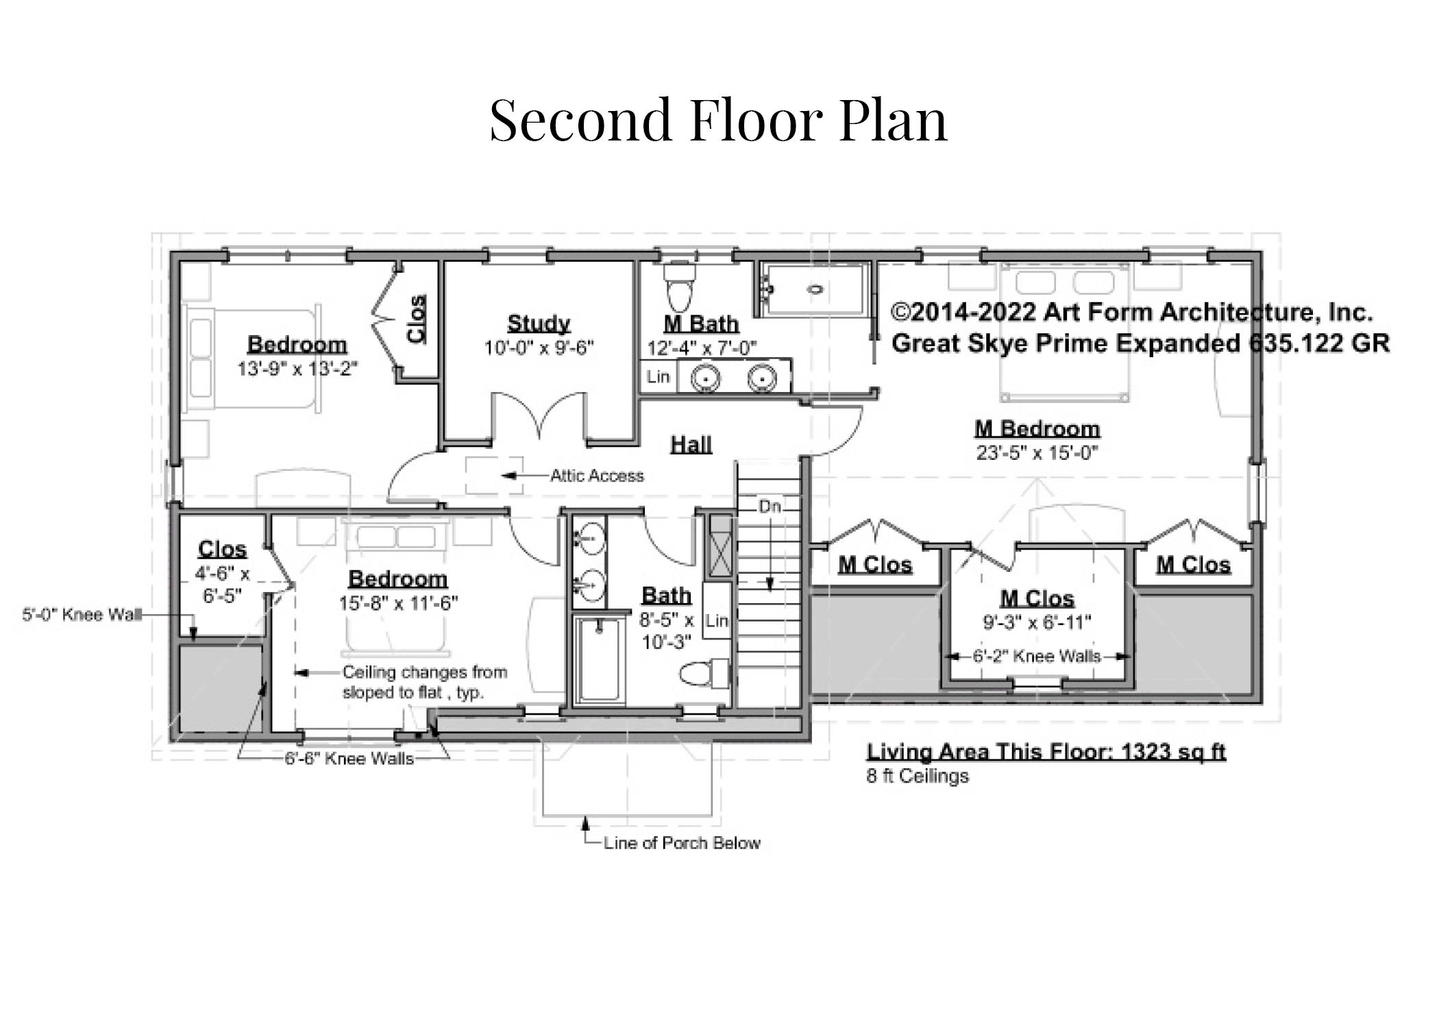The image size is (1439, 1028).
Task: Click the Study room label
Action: point(539,323)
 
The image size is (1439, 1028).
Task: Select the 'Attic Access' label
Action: point(597,476)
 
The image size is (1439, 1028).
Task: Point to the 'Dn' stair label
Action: point(770,507)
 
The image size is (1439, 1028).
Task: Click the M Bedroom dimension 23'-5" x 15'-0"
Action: point(1037,452)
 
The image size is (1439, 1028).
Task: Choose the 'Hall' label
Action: point(691,444)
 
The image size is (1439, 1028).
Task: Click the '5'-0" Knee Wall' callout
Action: point(82,614)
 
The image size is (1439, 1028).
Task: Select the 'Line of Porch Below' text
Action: point(682,843)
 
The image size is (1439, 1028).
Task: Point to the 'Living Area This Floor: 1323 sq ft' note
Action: point(1046,752)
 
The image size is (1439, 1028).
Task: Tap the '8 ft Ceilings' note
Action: point(917,776)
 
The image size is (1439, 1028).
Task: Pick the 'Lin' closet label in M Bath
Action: point(658,376)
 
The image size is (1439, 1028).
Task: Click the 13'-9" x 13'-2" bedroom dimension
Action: point(297,369)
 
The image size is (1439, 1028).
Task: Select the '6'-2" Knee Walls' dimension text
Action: point(1037,657)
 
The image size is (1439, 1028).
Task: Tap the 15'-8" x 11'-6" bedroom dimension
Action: point(398,603)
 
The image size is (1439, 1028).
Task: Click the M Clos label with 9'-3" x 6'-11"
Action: point(1037,598)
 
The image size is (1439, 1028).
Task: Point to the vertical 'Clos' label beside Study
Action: point(416,319)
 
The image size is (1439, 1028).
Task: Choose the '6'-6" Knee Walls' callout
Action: point(349,759)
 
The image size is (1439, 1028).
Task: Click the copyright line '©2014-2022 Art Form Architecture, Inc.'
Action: point(1132,313)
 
